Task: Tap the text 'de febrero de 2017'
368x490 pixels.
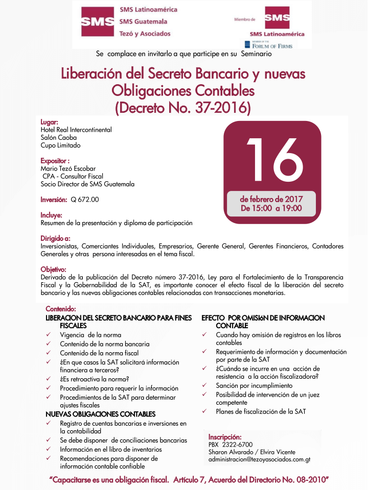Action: tap(271, 199)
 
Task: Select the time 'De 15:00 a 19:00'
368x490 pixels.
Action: tap(271, 208)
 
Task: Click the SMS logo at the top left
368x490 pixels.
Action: tap(97, 21)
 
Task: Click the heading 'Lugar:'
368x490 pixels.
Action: tap(50, 122)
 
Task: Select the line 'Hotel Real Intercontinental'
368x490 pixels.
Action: tap(76, 130)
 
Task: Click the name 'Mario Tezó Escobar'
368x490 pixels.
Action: tap(68, 168)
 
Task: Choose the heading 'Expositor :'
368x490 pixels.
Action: tap(55, 161)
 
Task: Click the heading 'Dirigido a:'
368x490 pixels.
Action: tap(55, 238)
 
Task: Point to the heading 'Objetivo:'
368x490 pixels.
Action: tap(54, 269)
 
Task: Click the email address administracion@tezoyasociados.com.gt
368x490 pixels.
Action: tap(259, 459)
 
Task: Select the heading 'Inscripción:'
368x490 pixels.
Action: tap(225, 437)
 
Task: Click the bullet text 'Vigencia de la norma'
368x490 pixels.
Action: tap(90, 335)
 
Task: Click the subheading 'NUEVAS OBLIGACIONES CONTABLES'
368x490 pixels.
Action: tap(101, 414)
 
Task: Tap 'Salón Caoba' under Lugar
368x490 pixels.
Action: tap(59, 137)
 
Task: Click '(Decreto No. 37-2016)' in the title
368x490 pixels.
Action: tap(183, 108)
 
